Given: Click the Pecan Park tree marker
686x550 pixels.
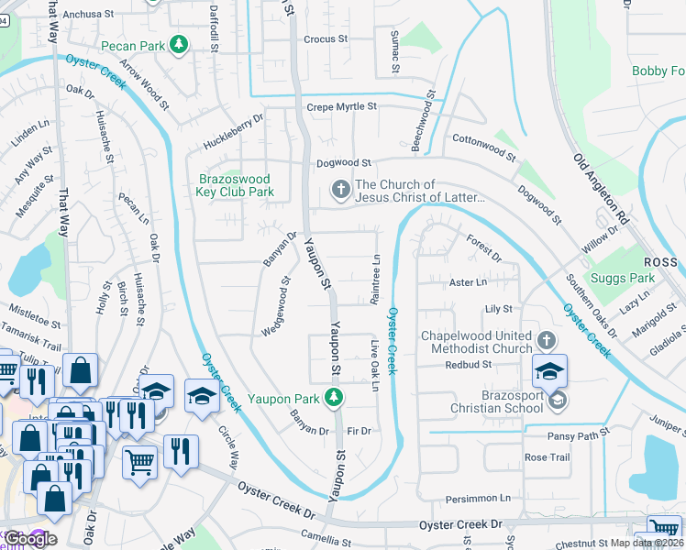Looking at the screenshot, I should [x=181, y=44].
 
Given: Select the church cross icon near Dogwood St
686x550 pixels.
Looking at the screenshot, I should [x=340, y=191].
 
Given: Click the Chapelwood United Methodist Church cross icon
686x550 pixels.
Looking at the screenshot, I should [x=546, y=341].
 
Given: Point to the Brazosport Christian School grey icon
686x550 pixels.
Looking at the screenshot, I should [x=557, y=400].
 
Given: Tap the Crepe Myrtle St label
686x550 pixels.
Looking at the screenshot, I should [x=340, y=106].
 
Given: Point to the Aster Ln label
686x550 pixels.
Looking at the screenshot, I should [x=468, y=282].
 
